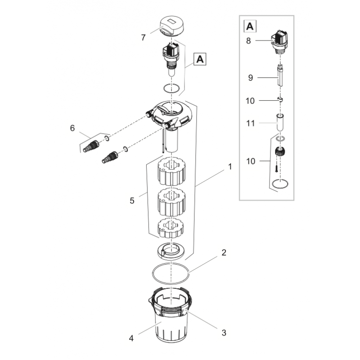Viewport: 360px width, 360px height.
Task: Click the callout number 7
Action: tap(143, 38)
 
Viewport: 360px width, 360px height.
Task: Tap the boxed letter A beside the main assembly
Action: tap(200, 58)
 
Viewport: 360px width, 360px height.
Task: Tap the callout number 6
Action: tap(72, 128)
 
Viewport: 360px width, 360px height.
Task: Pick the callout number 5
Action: tap(132, 201)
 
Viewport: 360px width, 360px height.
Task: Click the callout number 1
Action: tap(230, 166)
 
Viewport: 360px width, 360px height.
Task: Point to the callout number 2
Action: tap(224, 252)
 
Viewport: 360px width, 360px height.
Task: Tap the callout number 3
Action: tap(224, 333)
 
